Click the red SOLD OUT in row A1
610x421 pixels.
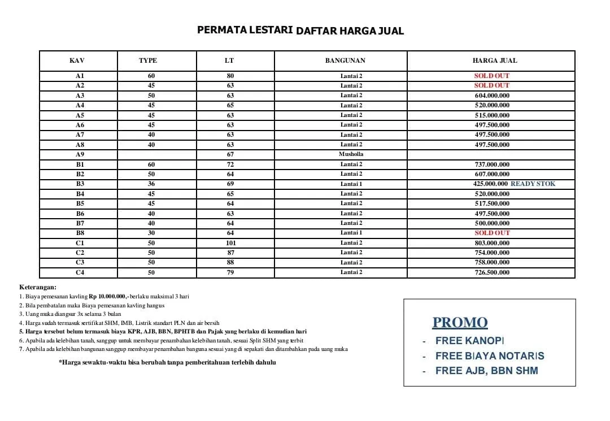click(x=491, y=76)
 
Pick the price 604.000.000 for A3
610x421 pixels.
click(x=491, y=96)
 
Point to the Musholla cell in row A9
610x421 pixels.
click(x=351, y=154)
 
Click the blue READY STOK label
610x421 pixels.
click(x=533, y=184)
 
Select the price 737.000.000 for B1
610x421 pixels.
click(x=491, y=164)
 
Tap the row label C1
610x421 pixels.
click(x=80, y=243)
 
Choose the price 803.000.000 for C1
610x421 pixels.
click(x=491, y=243)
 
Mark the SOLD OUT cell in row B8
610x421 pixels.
click(x=491, y=233)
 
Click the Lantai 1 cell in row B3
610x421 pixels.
click(x=351, y=184)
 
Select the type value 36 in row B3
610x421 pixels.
click(x=151, y=184)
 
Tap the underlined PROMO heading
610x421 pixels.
click(x=460, y=323)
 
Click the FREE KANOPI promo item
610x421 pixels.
click(x=469, y=341)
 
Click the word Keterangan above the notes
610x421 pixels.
click(x=38, y=287)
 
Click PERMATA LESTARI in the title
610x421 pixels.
click(x=245, y=30)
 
